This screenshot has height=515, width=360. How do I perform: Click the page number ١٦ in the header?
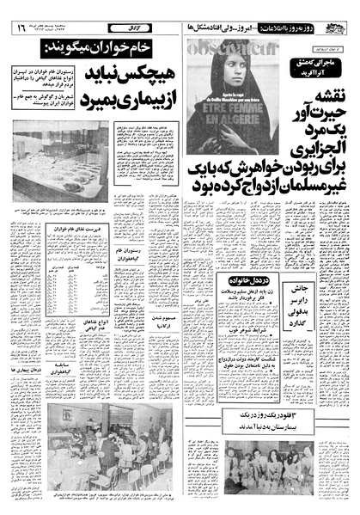(x=17, y=28)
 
